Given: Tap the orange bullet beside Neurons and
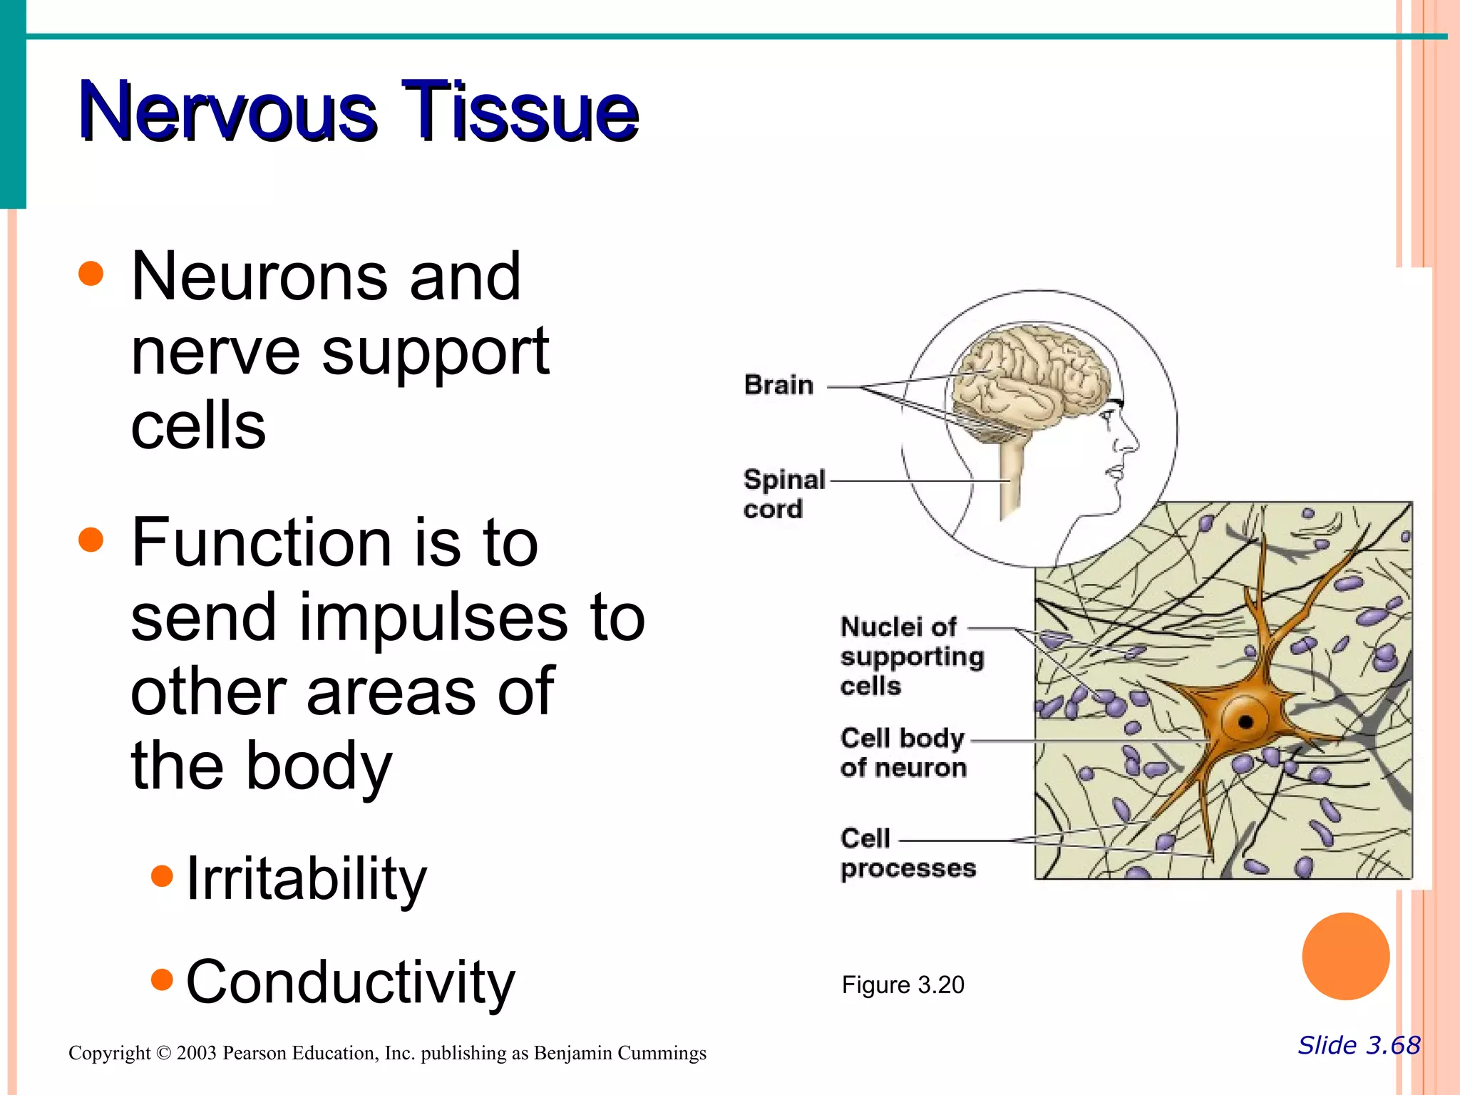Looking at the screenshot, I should [x=91, y=274].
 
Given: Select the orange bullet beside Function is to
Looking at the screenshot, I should [x=91, y=540].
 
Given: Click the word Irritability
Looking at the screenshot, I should [x=306, y=878].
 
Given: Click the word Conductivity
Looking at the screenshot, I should [x=349, y=982].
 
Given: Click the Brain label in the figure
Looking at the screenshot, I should [x=778, y=385].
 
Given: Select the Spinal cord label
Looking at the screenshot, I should [x=783, y=493].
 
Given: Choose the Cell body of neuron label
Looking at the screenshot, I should [x=903, y=752].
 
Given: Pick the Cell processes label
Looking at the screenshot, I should [x=906, y=853].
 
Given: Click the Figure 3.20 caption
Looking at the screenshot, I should [x=903, y=985].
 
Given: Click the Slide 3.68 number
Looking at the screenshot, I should [x=1359, y=1045].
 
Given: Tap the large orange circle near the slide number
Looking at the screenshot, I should [x=1345, y=956].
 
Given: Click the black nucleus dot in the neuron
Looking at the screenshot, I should [x=1245, y=721].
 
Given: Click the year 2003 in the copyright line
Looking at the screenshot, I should [x=196, y=1053].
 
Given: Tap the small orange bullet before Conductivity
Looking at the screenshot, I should [x=163, y=979].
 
